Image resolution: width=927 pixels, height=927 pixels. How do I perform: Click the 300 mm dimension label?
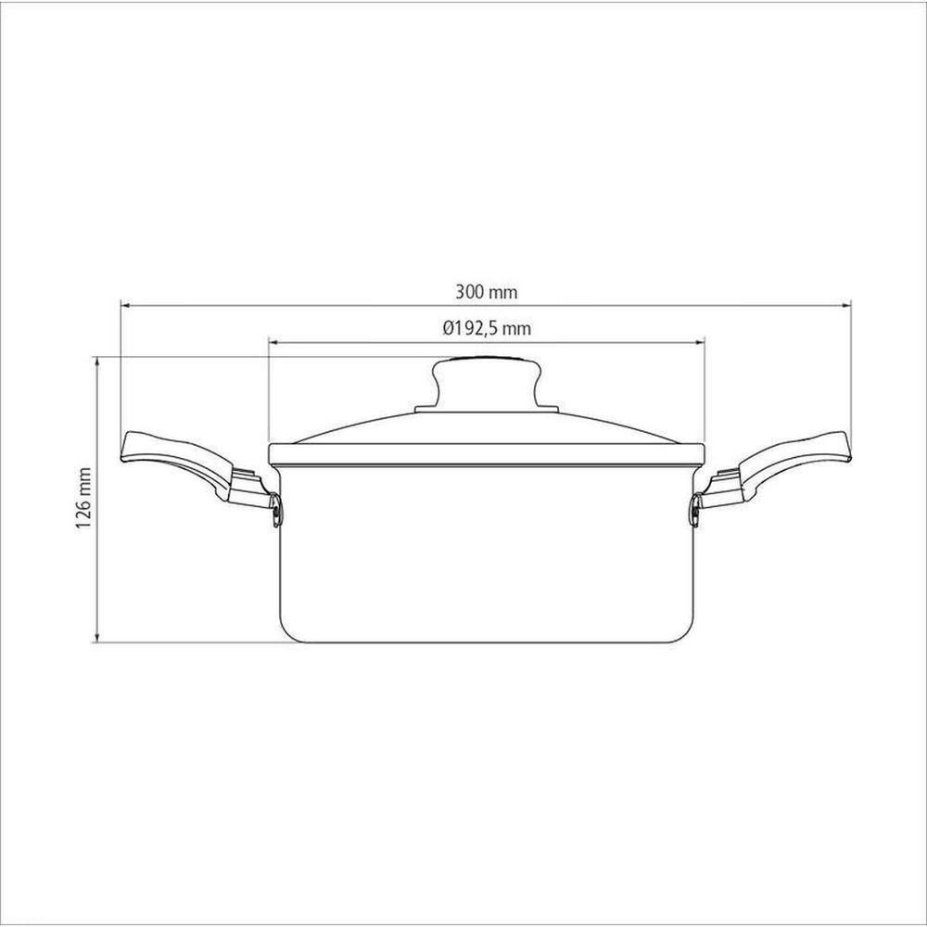tap(486, 291)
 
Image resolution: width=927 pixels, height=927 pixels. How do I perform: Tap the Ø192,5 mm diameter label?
tap(486, 327)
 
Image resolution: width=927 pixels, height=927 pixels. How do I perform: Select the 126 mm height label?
tap(85, 499)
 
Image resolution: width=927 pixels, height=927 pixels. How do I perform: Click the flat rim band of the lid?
tap(486, 453)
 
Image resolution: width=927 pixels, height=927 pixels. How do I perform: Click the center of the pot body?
tap(486, 552)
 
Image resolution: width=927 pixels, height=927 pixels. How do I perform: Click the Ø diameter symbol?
tap(448, 327)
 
